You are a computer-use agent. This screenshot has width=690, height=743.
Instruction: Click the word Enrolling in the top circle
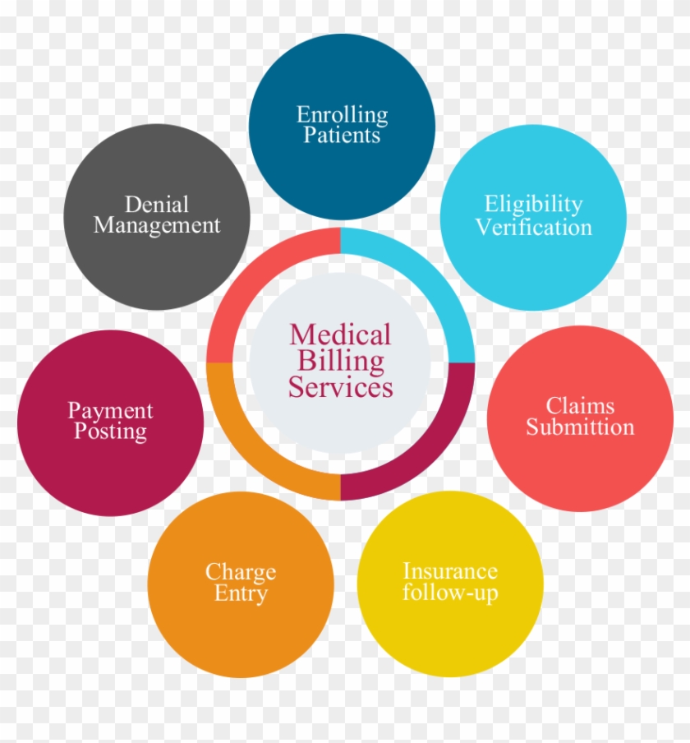(342, 115)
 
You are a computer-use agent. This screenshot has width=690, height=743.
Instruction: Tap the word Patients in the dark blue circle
(342, 135)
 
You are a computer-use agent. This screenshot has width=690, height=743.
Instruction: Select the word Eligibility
(533, 204)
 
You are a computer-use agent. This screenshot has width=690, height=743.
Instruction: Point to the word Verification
(533, 227)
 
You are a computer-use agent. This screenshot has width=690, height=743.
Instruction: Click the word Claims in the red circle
(580, 406)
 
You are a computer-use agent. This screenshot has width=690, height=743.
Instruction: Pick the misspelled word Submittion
(580, 427)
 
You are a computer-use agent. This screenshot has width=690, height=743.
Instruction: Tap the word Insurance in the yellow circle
(449, 571)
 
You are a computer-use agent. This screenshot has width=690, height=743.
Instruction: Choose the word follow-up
(449, 593)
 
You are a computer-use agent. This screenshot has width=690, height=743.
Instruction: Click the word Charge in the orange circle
(241, 572)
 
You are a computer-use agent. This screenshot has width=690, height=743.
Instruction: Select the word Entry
(241, 593)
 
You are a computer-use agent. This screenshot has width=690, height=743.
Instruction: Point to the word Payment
(110, 411)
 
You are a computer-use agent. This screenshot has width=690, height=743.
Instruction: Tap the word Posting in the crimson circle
(110, 431)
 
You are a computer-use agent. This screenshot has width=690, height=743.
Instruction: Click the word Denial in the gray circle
(156, 204)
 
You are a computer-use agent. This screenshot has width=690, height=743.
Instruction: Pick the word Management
(157, 225)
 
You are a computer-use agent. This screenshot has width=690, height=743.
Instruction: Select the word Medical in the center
(340, 335)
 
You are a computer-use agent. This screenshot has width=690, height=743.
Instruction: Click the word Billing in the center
(340, 360)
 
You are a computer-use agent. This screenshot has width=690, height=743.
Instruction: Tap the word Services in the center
(340, 386)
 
